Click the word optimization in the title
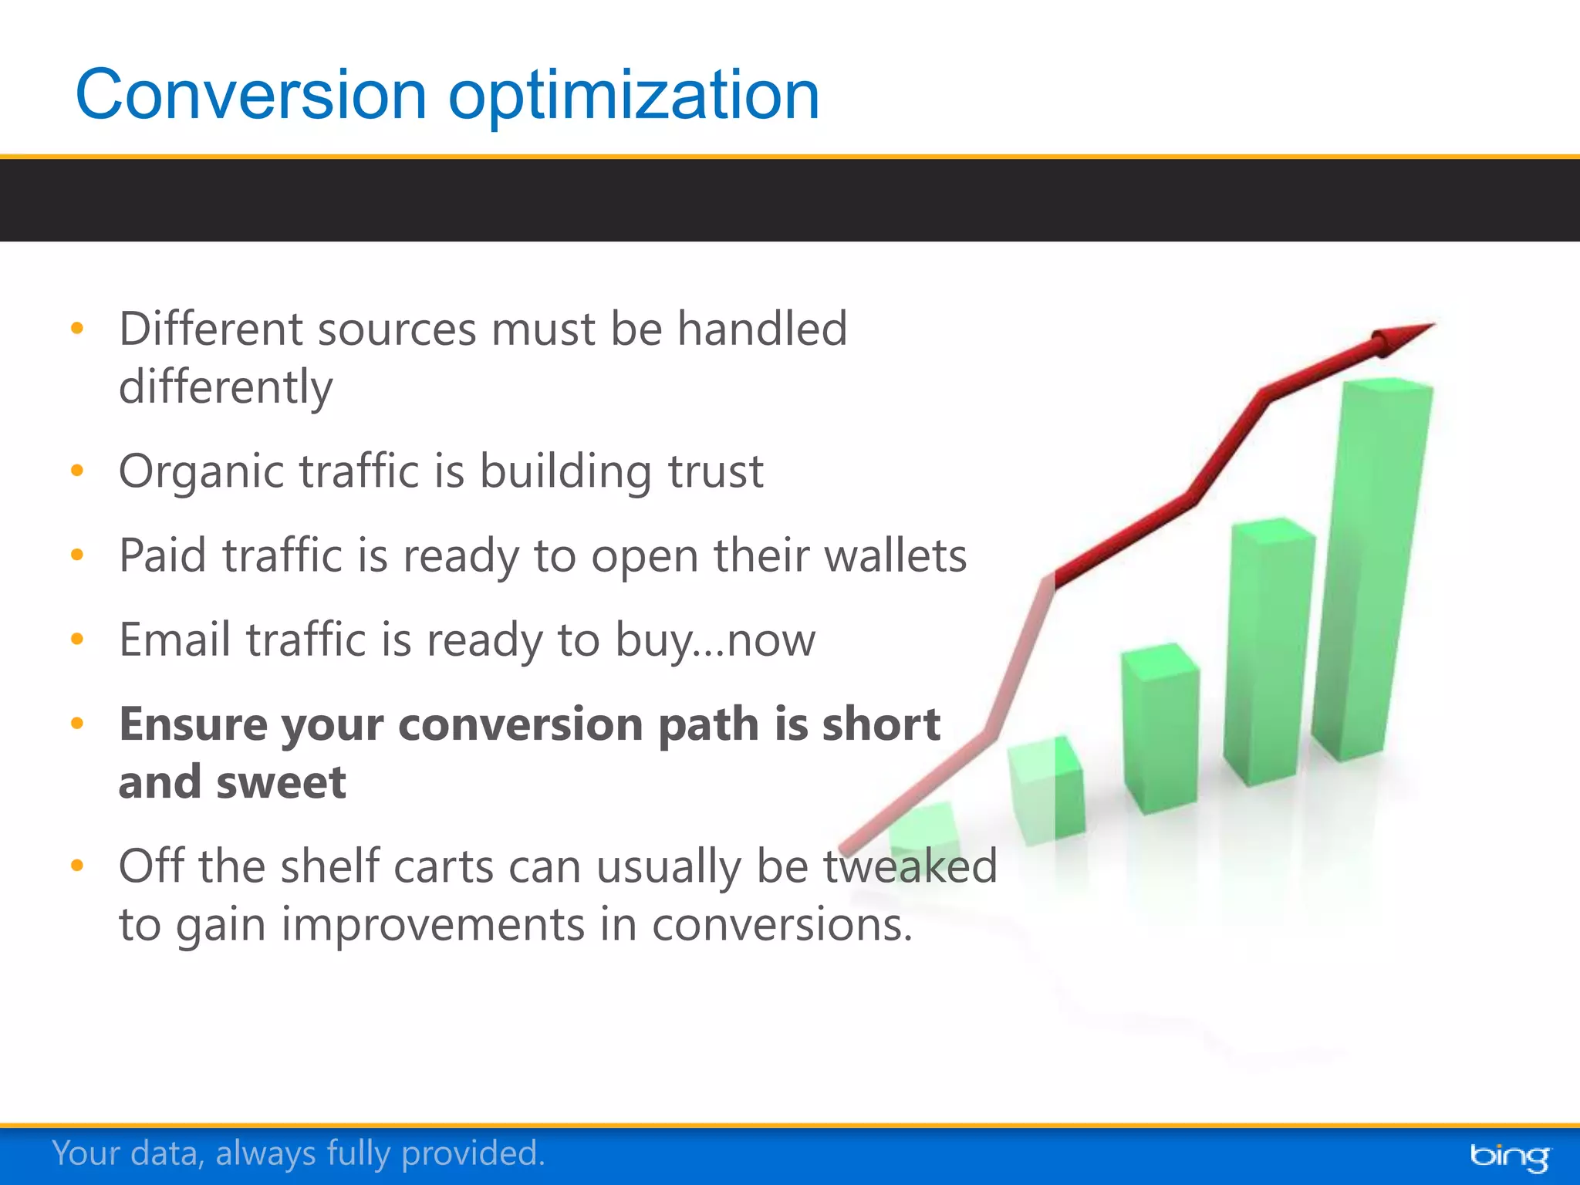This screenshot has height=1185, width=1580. click(633, 96)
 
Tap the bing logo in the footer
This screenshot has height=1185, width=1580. click(1508, 1156)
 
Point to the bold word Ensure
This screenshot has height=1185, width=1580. click(193, 724)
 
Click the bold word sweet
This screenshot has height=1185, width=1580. click(281, 782)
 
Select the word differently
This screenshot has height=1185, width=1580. click(225, 387)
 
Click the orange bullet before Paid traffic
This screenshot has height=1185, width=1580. click(76, 555)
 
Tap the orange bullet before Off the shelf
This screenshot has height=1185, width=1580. click(76, 866)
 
